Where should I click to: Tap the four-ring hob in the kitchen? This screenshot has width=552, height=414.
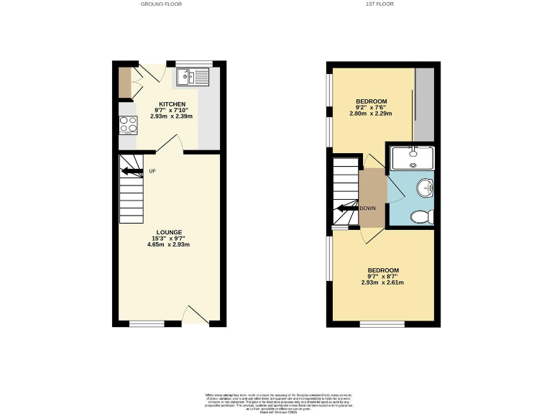pos(128,125)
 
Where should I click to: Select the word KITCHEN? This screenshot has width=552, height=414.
pos(172,104)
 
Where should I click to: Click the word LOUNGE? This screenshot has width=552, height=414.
pos(170,232)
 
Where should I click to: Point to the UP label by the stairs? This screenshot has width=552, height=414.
pos(152,171)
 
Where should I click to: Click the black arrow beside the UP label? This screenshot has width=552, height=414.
pos(132,171)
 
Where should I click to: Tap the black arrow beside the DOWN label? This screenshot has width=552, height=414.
pos(348,208)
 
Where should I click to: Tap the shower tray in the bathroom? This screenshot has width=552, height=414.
pos(413,157)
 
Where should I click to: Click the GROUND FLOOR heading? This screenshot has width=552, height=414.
pos(162,4)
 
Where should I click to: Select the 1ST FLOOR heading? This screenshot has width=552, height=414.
pos(379,4)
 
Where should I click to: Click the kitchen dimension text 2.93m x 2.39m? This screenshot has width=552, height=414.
pos(172,116)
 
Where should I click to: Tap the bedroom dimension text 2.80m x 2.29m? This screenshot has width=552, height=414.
pos(372,113)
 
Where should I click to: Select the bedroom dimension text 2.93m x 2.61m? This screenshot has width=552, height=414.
pos(382,282)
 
